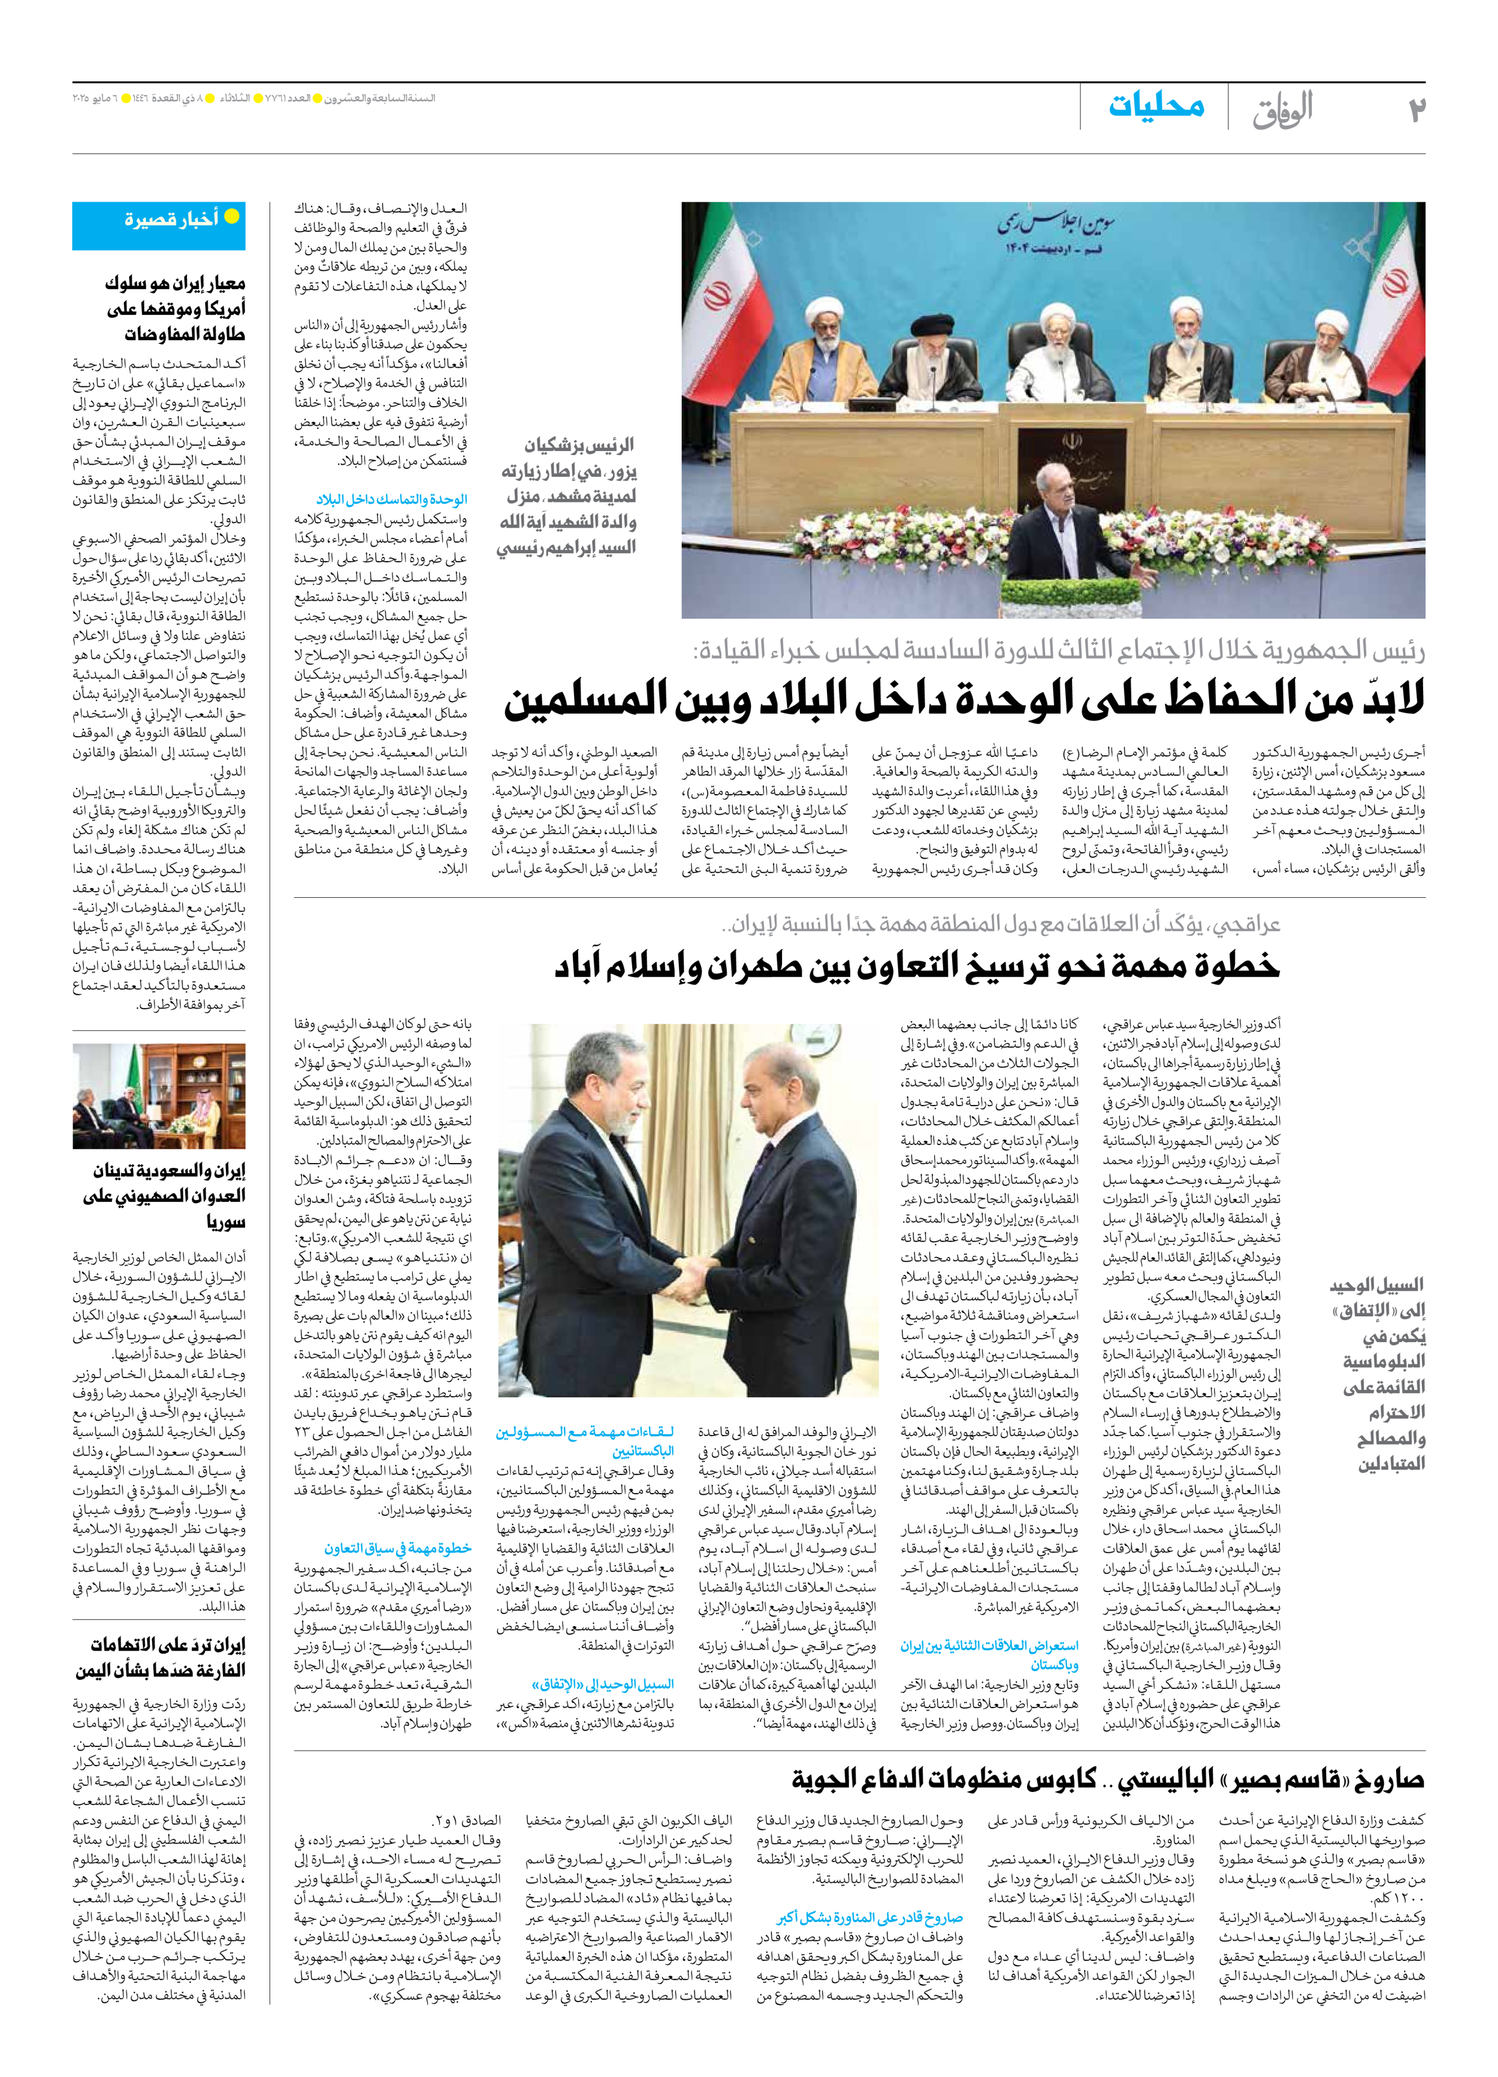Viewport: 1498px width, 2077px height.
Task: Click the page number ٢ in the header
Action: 1417,110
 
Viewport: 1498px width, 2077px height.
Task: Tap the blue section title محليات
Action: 1156,106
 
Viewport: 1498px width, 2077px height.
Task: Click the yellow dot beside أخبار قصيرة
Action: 232,217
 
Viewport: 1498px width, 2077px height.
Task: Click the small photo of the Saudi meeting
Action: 159,1095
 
